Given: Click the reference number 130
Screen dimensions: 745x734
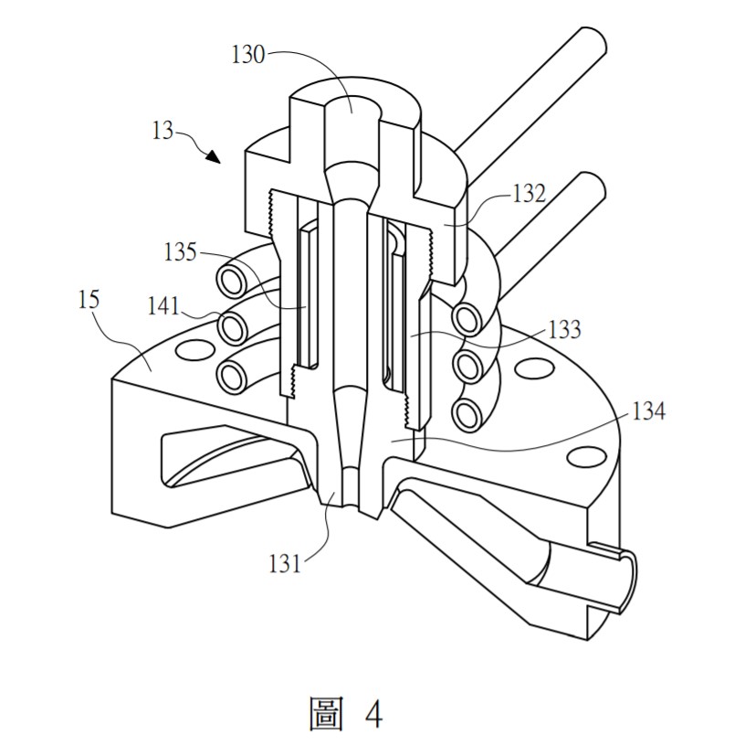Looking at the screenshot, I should pyautogui.click(x=247, y=56).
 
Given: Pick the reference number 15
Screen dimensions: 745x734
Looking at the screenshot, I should pyautogui.click(x=90, y=299).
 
